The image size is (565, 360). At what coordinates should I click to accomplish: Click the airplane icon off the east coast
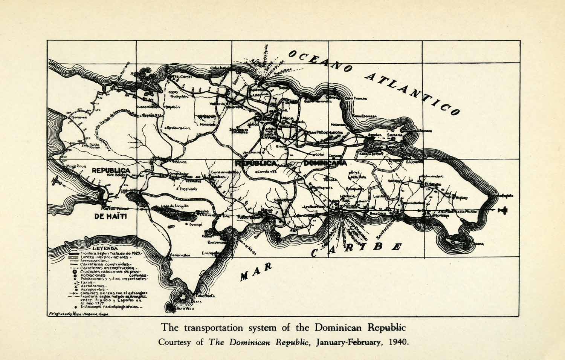502,210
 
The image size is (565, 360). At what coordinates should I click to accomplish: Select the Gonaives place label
78,117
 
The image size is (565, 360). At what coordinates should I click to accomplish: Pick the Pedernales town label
179,255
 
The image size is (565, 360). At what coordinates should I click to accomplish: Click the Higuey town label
461,198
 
